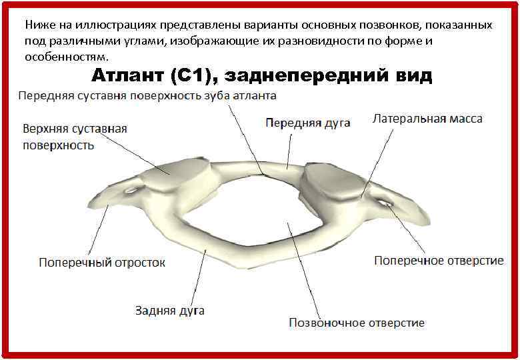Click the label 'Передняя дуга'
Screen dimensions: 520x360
click(307, 123)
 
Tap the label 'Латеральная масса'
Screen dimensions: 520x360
click(427, 119)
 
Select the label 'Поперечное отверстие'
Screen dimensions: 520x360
click(439, 260)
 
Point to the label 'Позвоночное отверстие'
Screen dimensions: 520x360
click(356, 323)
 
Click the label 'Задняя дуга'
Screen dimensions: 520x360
click(170, 310)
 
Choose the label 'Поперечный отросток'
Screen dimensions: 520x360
click(102, 262)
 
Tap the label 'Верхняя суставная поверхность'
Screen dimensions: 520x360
click(75, 136)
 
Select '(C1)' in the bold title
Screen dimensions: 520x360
click(191, 75)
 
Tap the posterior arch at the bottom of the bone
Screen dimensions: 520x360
click(220, 257)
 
